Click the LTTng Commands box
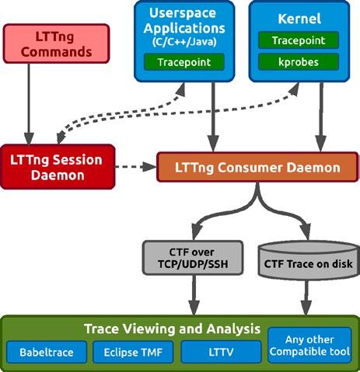[x=56, y=43]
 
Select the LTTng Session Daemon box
[x=58, y=167]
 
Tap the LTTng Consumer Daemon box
[x=257, y=167]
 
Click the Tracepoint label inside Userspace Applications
[x=184, y=62]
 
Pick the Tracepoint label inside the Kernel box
[x=299, y=40]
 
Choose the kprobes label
[x=299, y=62]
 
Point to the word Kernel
[x=299, y=19]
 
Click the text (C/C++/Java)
[x=184, y=41]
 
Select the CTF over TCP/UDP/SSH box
[x=193, y=258]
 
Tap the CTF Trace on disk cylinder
[x=309, y=260]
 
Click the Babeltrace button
[x=47, y=352]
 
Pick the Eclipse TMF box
[x=133, y=352]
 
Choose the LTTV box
[x=221, y=352]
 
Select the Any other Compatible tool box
[x=309, y=346]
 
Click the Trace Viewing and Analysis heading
[x=172, y=329]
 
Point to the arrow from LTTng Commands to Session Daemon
[x=29, y=103]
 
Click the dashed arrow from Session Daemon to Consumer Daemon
[x=136, y=167]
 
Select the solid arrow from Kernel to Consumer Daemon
[x=321, y=117]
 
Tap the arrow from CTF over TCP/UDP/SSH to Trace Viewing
[x=194, y=295]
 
